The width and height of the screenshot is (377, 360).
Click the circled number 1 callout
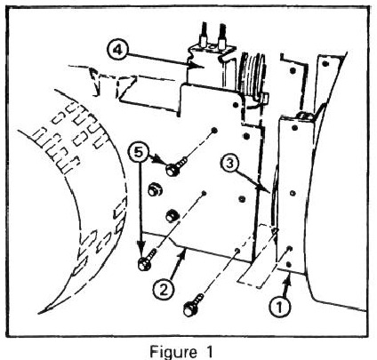[x=279, y=308]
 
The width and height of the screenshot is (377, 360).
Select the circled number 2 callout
[x=164, y=290]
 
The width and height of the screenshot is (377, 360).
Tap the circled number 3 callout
[x=230, y=164]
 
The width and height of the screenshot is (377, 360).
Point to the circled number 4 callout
[x=117, y=51]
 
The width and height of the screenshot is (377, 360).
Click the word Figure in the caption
[x=173, y=352]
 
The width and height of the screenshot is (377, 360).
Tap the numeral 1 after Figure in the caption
[x=209, y=351]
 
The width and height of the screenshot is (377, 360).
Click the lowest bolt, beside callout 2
[x=193, y=305]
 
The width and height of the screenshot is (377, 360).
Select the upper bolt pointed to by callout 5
[x=176, y=167]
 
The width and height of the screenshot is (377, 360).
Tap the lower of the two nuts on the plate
[x=172, y=215]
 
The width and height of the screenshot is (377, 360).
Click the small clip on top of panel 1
[x=304, y=116]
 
